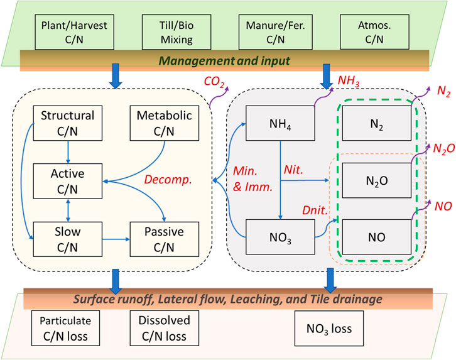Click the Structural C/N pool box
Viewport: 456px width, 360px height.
tap(67, 123)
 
